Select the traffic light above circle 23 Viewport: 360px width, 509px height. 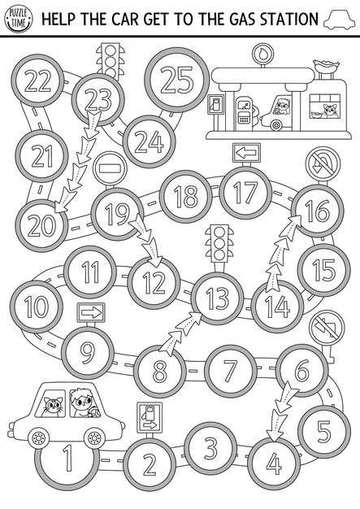coord(111,61)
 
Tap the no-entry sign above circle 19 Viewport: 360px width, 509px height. coord(110,168)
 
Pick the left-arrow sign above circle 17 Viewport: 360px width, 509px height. coord(246,152)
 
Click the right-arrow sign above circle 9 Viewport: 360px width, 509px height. coord(91,312)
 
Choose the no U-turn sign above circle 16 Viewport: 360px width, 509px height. coord(323,163)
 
